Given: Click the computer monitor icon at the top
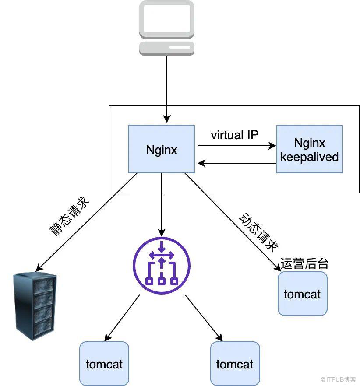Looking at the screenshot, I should click(166, 20).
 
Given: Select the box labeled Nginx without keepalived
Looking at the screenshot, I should click(162, 149).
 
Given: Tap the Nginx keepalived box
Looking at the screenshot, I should click(309, 149).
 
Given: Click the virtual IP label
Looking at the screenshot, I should click(234, 135).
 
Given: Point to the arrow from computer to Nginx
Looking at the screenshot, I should click(166, 88).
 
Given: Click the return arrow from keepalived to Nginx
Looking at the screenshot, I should click(236, 163).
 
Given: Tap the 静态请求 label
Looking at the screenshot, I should click(71, 217).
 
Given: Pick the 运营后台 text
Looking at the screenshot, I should click(304, 263).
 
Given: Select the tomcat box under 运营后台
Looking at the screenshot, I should click(302, 294).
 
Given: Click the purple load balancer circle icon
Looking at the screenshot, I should click(162, 266).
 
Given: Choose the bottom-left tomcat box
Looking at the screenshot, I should click(104, 364).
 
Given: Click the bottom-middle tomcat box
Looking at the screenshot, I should click(235, 364).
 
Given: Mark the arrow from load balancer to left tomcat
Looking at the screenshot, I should click(123, 317).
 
